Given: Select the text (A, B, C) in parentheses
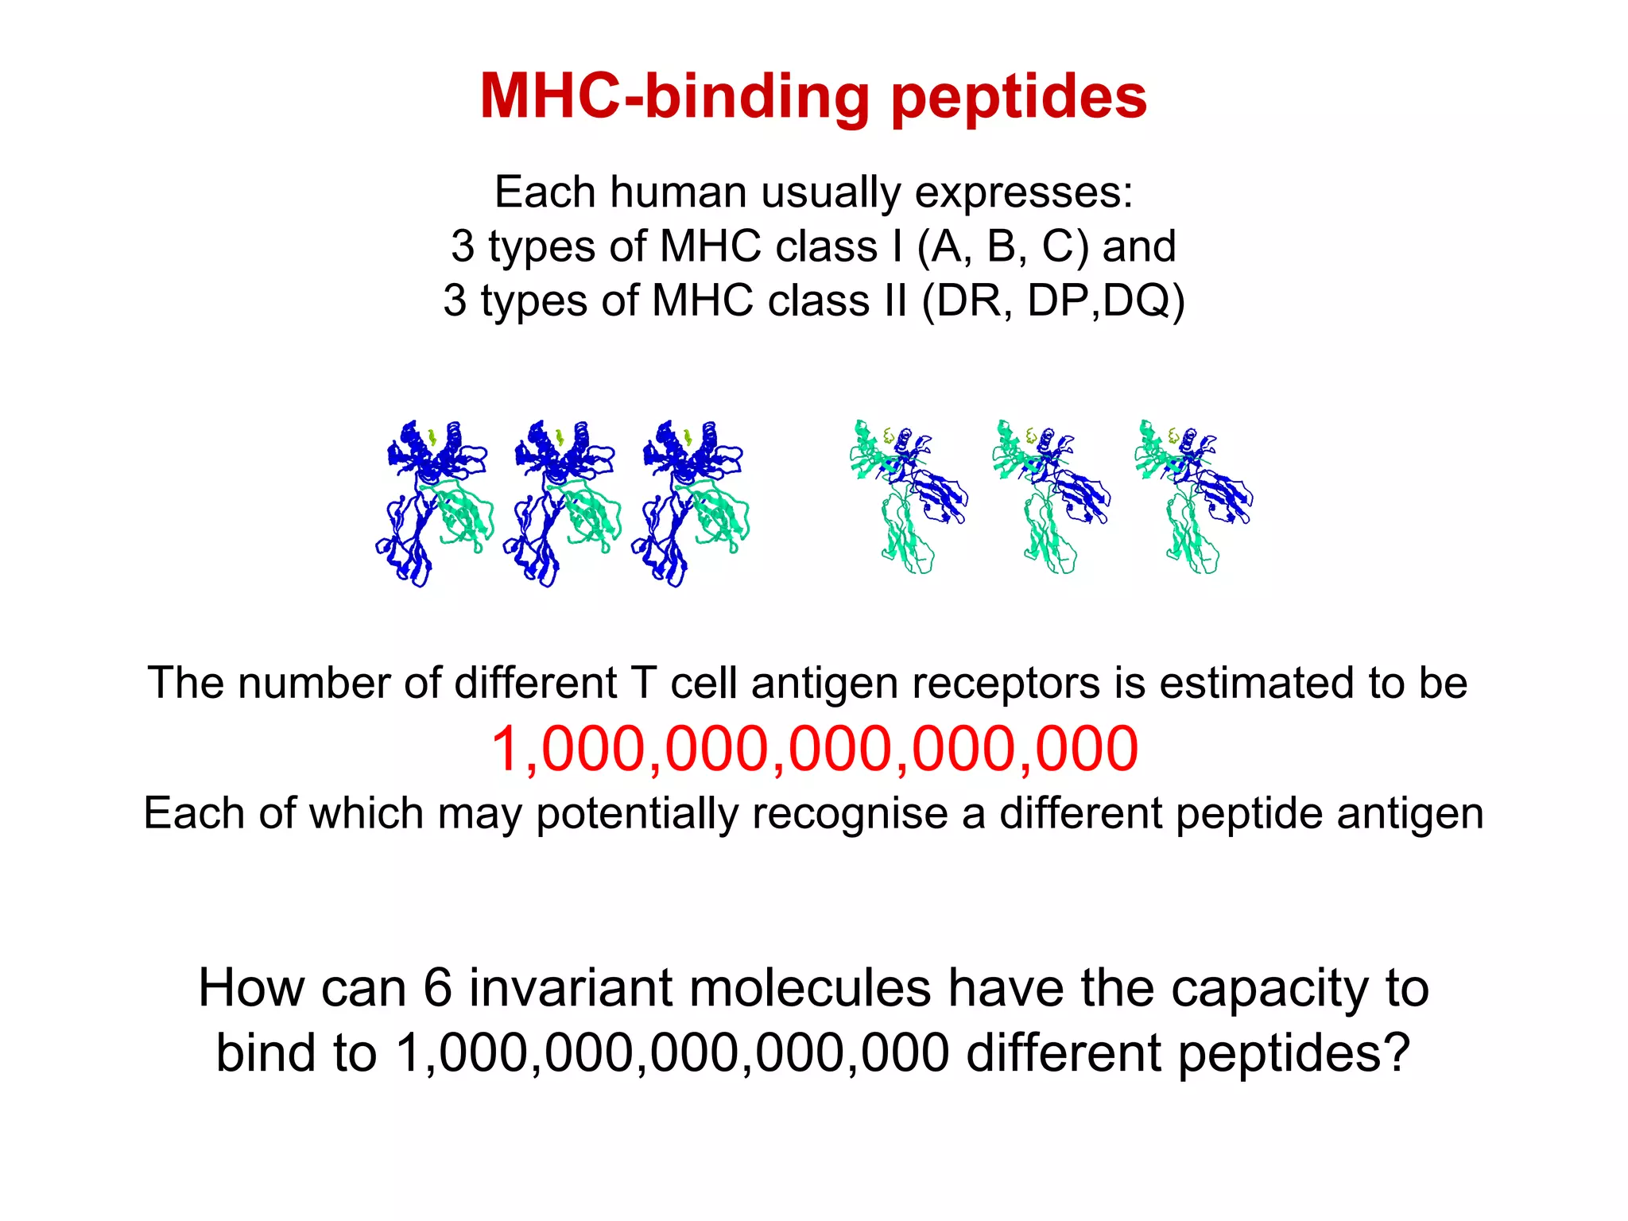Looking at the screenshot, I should (1002, 246).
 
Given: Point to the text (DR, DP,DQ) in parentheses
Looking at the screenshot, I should (1053, 300).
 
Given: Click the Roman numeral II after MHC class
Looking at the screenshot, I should (893, 300).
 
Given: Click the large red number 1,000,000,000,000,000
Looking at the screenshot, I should (814, 749).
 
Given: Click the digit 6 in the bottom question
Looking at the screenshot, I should (437, 988).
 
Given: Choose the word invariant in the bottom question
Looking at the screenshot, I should (572, 988).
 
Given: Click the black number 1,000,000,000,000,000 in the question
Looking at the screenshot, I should (672, 1053).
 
